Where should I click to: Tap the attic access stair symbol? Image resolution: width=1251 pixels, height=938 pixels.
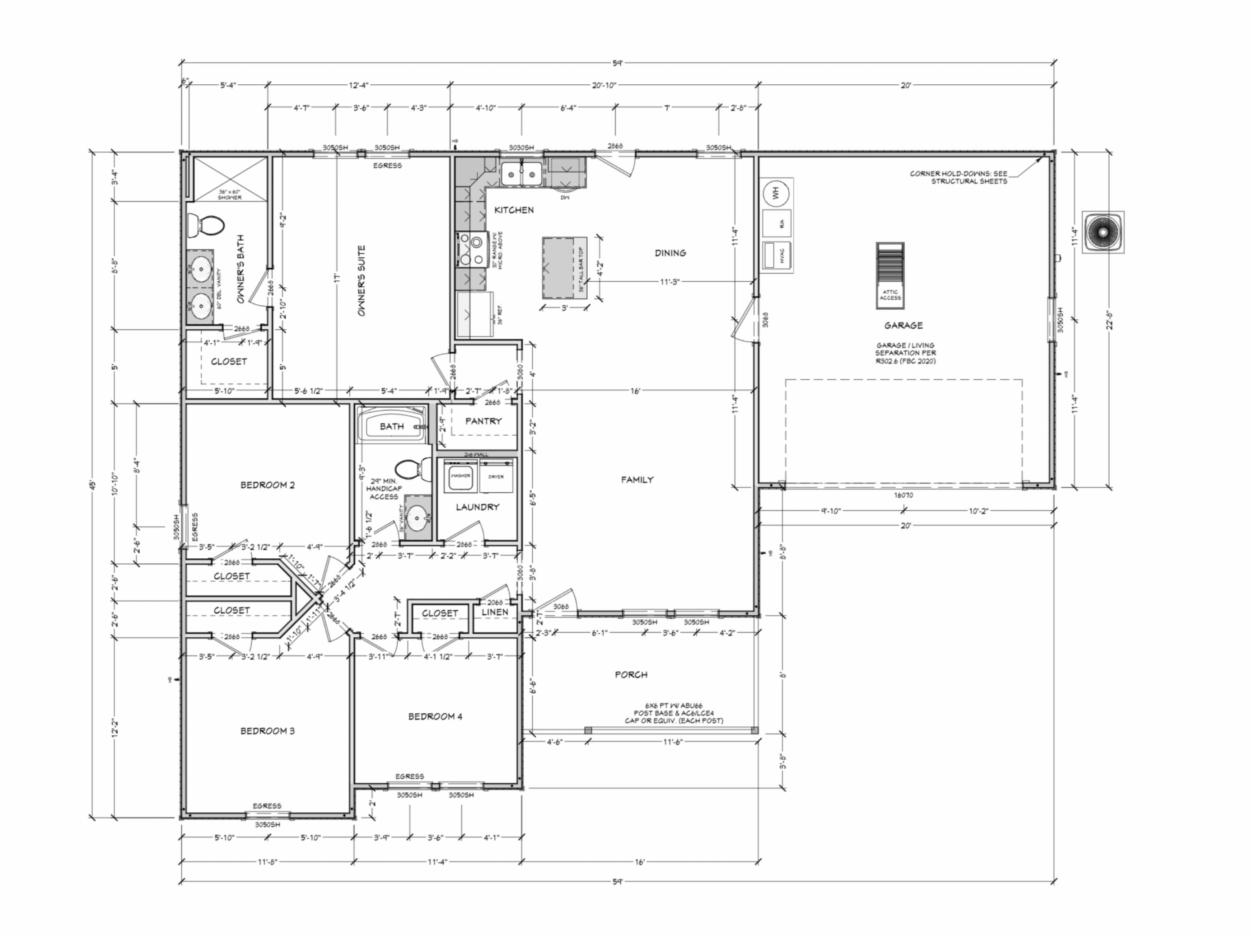coord(889,275)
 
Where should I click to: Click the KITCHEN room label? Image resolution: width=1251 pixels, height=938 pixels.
coord(513,210)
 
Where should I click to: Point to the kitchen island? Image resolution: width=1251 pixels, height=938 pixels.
coord(559,267)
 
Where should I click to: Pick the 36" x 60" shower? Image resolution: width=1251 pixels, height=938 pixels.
coord(230,178)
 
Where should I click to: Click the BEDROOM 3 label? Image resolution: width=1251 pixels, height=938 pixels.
coord(268,731)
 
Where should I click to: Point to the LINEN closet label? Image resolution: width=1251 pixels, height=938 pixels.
coord(495,612)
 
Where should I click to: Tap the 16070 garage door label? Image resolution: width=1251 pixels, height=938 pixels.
coord(903,495)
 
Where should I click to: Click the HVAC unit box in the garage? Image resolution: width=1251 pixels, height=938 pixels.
coord(776,256)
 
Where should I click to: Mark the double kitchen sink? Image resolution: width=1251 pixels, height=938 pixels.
coord(521,174)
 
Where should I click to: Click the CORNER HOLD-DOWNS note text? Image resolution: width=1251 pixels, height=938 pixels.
coord(957,177)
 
